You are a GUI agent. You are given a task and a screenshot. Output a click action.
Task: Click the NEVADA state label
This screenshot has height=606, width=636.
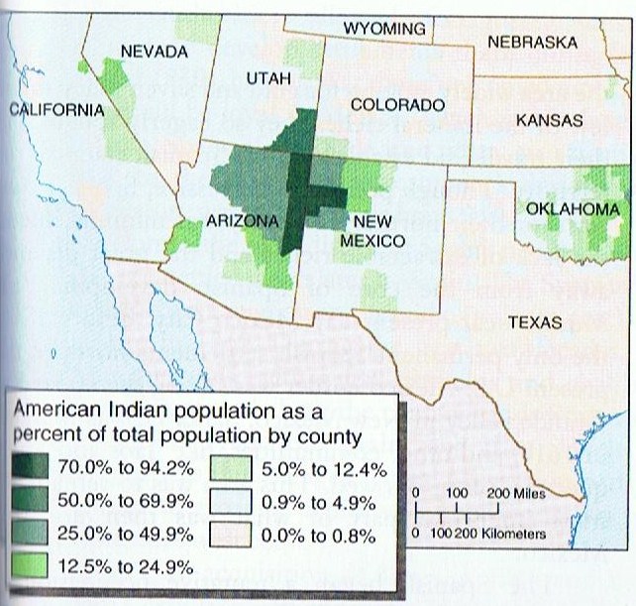click(154, 51)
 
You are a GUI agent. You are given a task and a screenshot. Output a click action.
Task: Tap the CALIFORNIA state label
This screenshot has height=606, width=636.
click(56, 109)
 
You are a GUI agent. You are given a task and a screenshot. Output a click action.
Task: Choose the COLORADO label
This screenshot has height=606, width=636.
click(396, 105)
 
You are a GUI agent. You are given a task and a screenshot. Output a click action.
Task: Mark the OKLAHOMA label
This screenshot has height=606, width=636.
click(573, 209)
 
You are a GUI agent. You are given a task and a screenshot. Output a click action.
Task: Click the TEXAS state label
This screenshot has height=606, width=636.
click(534, 322)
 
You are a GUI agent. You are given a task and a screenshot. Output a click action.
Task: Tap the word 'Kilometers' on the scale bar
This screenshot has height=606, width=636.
click(512, 534)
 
